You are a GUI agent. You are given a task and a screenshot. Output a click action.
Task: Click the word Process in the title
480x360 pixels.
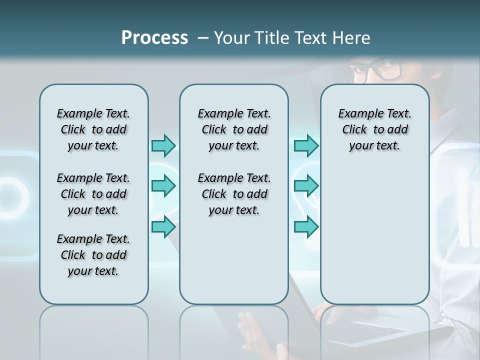[x=154, y=38]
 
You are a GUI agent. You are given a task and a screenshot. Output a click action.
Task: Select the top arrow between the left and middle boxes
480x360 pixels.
[x=163, y=145]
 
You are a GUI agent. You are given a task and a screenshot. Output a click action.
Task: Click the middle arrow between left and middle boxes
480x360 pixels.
[x=163, y=186]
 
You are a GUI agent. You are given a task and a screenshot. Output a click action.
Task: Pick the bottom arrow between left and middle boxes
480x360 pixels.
[x=163, y=227]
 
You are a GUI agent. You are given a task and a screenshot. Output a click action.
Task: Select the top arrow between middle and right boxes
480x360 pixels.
[x=306, y=145]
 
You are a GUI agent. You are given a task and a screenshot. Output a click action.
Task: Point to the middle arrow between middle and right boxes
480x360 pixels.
[x=306, y=186]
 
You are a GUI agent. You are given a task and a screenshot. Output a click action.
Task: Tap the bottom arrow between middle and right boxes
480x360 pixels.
[x=306, y=227]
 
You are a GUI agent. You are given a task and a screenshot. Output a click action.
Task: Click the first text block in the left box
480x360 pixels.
[x=93, y=129]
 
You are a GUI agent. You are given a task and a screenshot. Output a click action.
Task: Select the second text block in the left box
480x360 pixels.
[x=93, y=194]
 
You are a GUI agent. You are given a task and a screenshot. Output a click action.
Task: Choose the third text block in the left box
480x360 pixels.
[x=93, y=255]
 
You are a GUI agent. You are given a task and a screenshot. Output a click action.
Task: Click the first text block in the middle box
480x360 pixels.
[x=234, y=129]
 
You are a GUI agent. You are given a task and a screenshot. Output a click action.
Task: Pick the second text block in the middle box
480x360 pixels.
[x=234, y=194]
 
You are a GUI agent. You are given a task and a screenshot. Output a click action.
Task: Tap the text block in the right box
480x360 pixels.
[x=374, y=129]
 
